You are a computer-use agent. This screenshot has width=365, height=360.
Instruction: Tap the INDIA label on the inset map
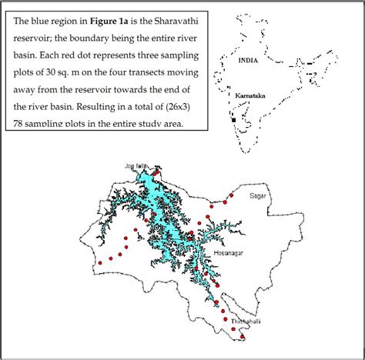click(x=249, y=59)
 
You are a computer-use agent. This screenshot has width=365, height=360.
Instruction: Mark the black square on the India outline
click(x=234, y=120)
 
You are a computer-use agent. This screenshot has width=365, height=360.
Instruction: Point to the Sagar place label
click(x=257, y=196)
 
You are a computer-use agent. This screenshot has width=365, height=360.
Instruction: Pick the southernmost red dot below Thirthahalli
click(x=243, y=336)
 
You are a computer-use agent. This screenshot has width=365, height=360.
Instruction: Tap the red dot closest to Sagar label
click(x=225, y=202)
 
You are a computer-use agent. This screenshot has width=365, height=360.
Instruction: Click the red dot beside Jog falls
click(x=155, y=174)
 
